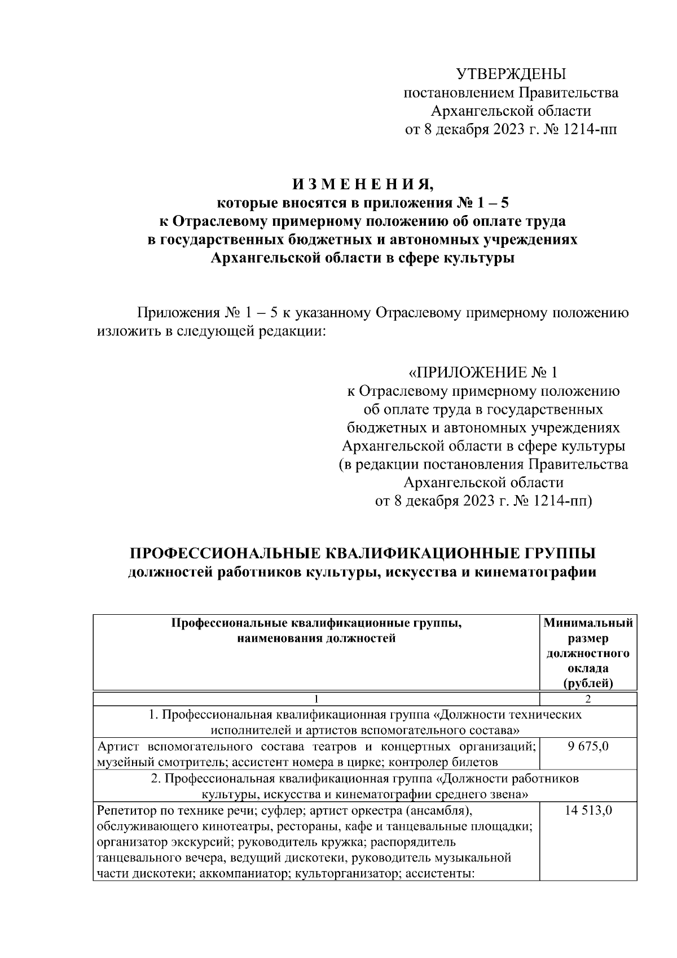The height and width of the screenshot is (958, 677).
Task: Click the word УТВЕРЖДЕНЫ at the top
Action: [511, 74]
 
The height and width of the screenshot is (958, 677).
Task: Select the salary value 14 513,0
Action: [588, 811]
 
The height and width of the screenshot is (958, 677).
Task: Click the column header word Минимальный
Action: [588, 623]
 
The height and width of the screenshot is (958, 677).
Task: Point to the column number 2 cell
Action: [588, 699]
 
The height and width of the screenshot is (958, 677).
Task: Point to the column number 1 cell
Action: [316, 699]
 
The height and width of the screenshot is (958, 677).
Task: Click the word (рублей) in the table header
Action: [588, 683]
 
